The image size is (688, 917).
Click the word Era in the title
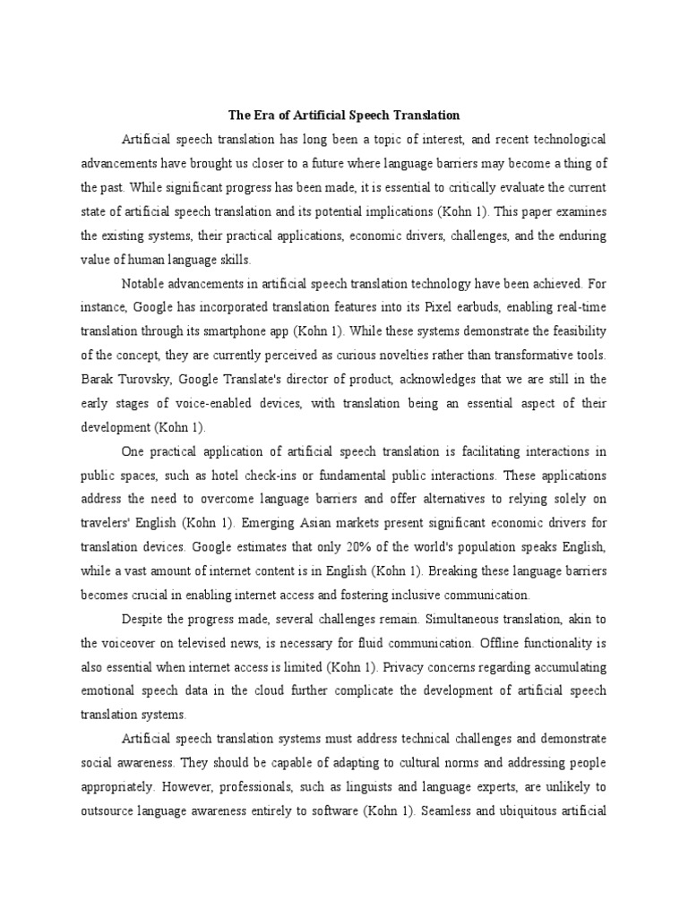262,116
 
